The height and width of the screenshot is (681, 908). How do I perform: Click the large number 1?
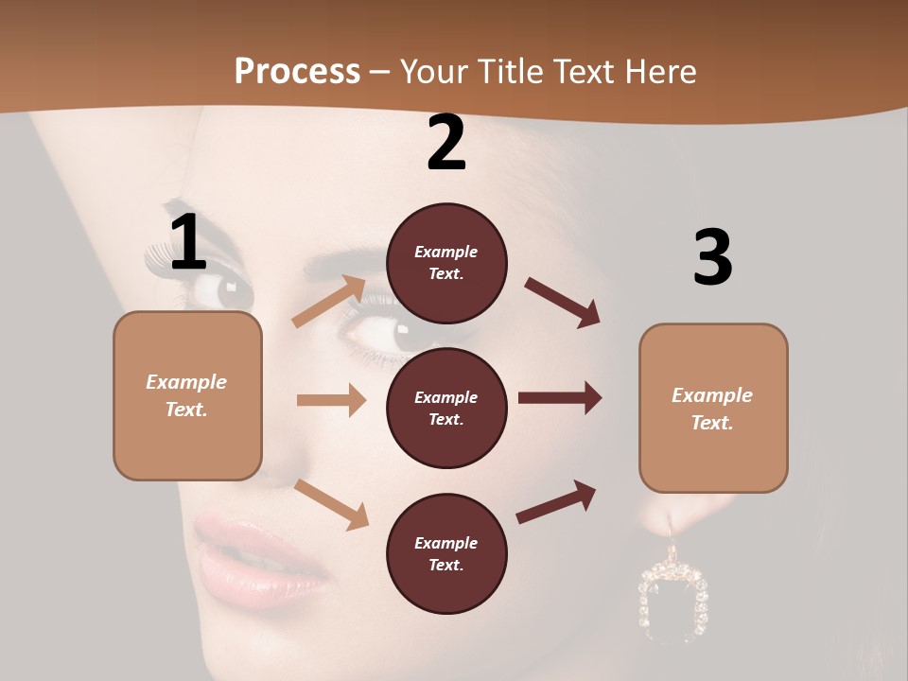click(x=188, y=243)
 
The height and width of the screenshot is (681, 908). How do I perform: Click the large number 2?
click(x=446, y=143)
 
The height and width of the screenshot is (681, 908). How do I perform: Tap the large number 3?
click(x=712, y=258)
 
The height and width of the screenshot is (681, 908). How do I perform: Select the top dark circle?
click(x=446, y=263)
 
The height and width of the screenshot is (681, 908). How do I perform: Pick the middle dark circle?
click(x=446, y=408)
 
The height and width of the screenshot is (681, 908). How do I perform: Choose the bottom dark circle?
click(x=446, y=553)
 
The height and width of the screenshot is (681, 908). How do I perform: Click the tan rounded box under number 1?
click(x=187, y=395)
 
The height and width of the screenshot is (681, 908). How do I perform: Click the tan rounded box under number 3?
click(x=713, y=408)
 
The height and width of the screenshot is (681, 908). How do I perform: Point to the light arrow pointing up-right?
click(x=329, y=302)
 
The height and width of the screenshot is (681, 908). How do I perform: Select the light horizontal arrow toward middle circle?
click(x=331, y=400)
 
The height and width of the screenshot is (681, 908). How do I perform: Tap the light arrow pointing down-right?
click(x=331, y=503)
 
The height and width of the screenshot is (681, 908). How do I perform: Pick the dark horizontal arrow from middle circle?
click(x=560, y=398)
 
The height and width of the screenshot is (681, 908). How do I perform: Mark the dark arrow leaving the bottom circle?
click(x=556, y=502)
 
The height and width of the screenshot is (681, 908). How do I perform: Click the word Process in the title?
click(x=297, y=71)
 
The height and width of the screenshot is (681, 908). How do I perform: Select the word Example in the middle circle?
click(x=446, y=397)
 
